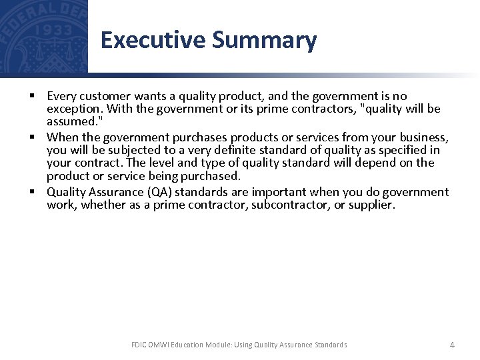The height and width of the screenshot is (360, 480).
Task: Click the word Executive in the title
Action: [x=153, y=40]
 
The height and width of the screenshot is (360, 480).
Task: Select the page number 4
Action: [x=452, y=345]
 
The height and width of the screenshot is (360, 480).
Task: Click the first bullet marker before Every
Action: [x=32, y=96]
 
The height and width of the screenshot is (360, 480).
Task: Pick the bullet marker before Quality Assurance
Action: [x=32, y=192]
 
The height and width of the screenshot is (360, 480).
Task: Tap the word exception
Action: [x=71, y=109]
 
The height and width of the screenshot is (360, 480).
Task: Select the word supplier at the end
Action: [x=371, y=205]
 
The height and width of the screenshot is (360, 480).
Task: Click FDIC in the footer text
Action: [x=139, y=345]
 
